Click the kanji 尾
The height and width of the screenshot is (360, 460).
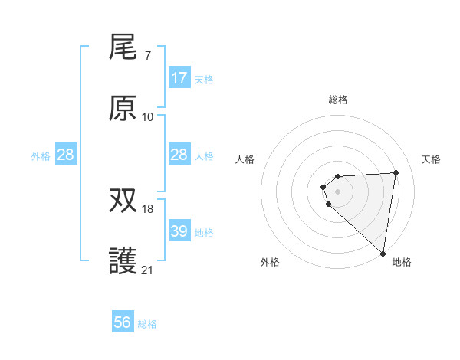[x=123, y=47]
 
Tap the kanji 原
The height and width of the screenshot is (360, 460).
[x=123, y=109]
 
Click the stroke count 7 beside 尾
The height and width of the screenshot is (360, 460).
[x=147, y=56]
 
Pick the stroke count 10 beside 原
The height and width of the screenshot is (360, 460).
[x=148, y=117]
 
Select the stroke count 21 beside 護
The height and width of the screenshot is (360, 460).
[x=148, y=270]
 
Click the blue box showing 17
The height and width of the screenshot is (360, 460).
[x=179, y=78]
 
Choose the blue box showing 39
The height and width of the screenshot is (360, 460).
[x=179, y=231]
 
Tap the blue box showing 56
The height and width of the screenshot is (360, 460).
[x=123, y=322]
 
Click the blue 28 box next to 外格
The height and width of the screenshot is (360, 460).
[x=66, y=155]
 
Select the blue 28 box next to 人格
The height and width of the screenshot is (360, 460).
[x=179, y=155]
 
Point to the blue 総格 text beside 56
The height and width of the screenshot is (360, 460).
[x=147, y=323]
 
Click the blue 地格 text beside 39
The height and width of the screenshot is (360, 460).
[x=204, y=232]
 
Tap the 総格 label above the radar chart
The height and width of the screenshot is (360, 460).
[x=338, y=100]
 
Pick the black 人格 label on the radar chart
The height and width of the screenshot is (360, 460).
[x=245, y=159]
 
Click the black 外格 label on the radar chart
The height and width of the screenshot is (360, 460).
[x=270, y=262]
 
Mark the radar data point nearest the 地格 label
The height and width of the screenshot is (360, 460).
[x=383, y=254]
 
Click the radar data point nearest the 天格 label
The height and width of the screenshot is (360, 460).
[x=396, y=172]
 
